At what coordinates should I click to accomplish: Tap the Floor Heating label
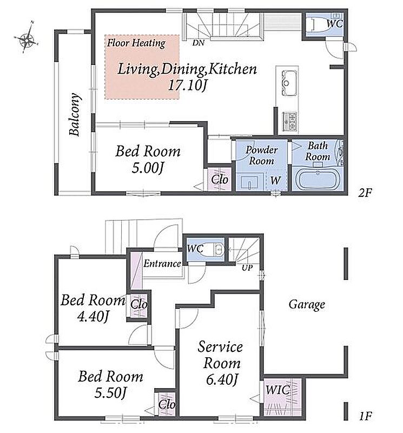click(x=136, y=43)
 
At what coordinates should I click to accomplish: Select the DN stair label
click(x=199, y=43)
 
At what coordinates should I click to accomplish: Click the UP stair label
click(x=247, y=267)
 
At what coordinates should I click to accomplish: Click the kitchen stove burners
click(x=289, y=121)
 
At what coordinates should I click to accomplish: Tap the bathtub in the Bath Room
click(x=318, y=180)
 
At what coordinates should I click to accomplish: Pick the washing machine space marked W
click(x=276, y=180)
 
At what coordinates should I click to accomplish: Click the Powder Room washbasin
click(x=249, y=182)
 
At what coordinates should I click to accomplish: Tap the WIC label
click(x=278, y=390)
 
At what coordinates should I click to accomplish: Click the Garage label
click(x=307, y=305)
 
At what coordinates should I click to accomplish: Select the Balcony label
click(x=75, y=115)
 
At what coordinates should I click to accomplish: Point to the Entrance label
click(x=162, y=263)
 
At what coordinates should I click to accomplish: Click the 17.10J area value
click(x=187, y=86)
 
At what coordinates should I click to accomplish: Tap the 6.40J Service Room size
click(x=222, y=380)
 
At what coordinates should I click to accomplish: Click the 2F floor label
click(x=365, y=193)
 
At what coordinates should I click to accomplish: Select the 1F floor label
click(x=366, y=416)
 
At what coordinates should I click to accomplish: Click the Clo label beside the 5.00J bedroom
click(x=220, y=180)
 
